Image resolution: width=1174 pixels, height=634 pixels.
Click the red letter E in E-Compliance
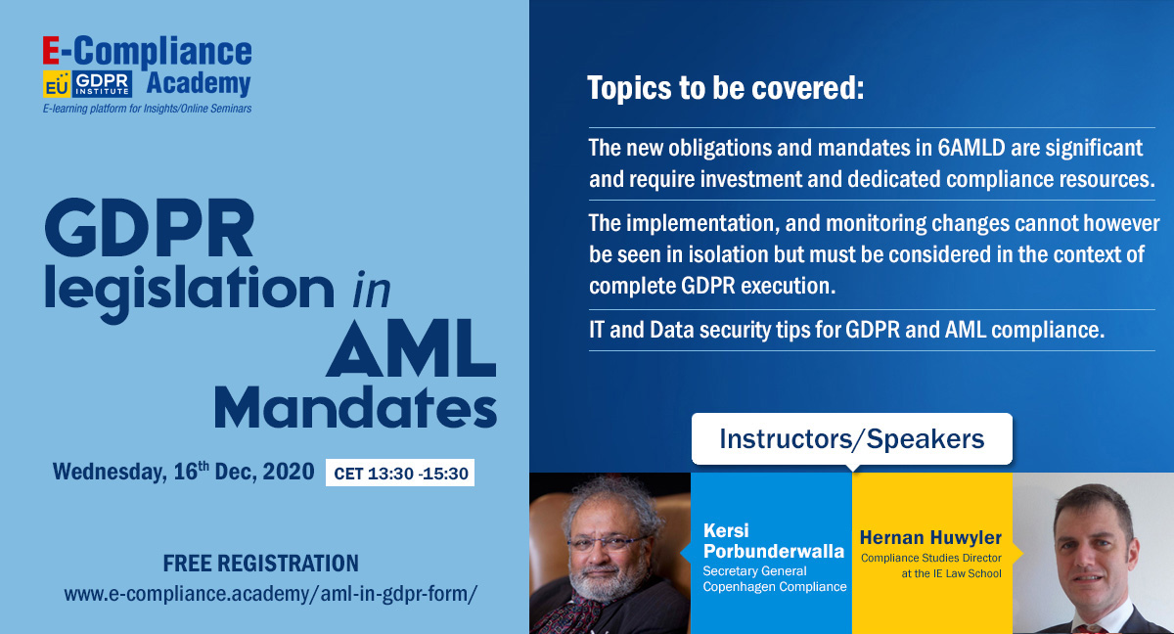51,51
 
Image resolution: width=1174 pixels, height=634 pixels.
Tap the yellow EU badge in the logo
57,84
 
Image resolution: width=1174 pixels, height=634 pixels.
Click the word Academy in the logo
199,84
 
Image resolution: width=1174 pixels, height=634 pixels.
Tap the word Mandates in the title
355,408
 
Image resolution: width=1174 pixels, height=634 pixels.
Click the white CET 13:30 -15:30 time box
400,473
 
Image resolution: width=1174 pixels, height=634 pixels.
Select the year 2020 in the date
289,472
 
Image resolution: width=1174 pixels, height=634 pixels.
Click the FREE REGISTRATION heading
261,564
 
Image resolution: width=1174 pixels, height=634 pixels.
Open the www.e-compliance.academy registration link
270,594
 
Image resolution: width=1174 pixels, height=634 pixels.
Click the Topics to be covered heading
726,87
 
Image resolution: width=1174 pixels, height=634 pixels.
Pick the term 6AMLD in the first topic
971,148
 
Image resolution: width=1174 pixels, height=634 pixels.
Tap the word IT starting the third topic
597,330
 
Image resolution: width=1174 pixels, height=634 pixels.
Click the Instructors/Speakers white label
852,438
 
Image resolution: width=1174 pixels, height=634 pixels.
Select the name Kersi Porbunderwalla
774,541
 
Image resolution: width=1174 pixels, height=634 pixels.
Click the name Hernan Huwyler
930,537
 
